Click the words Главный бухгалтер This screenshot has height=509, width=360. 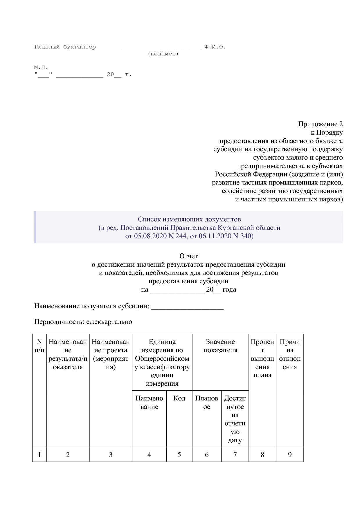(x=65, y=47)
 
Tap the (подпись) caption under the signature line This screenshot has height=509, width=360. (x=163, y=54)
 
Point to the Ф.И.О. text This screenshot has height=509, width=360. (x=215, y=47)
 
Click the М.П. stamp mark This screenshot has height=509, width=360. (x=41, y=67)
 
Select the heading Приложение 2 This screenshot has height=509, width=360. (x=320, y=124)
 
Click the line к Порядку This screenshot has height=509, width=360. (x=327, y=133)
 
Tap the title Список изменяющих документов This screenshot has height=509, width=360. (x=189, y=219)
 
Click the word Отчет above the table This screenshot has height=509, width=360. (x=188, y=256)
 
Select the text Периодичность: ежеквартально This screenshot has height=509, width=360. (x=83, y=322)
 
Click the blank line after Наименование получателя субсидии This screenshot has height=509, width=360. (x=187, y=307)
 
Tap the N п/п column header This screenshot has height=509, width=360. (x=39, y=346)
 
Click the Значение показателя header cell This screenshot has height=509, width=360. (x=220, y=346)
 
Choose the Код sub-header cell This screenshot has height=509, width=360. (x=179, y=398)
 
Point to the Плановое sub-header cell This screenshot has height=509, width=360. (x=206, y=402)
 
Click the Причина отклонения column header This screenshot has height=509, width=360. (x=289, y=354)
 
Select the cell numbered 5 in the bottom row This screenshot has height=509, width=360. (x=179, y=455)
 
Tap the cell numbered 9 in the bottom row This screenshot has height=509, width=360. (x=289, y=455)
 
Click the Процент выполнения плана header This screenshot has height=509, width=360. (x=262, y=358)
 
